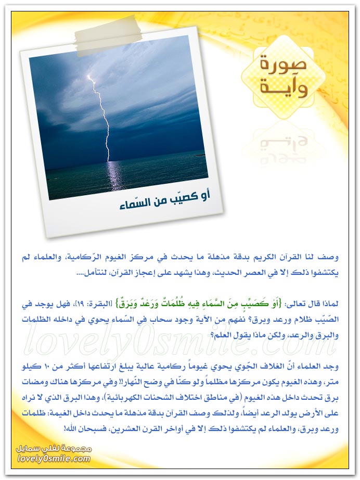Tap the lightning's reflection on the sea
pyautogui.click(x=111, y=177)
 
